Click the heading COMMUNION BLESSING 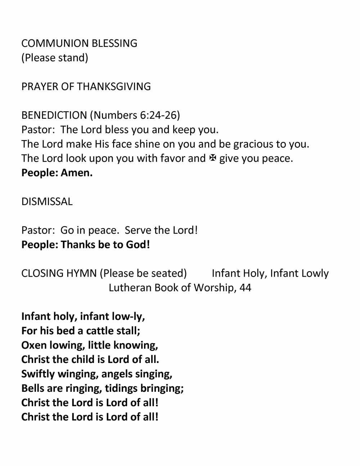(79, 43)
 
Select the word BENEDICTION (54, 115)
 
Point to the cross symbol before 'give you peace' (212, 158)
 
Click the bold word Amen (76, 173)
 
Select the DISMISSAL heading (47, 201)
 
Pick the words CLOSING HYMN (59, 273)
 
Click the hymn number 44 (245, 288)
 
